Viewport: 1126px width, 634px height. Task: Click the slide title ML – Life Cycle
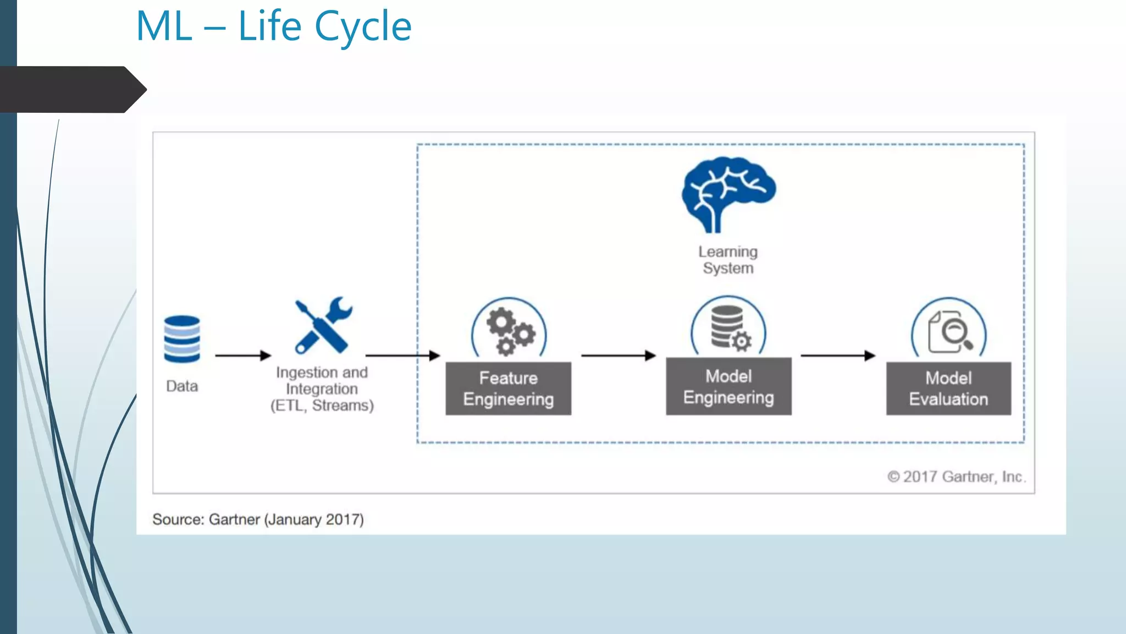click(x=273, y=26)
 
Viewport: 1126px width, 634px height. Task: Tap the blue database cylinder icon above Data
click(x=182, y=339)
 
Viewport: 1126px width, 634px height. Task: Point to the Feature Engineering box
click(x=508, y=389)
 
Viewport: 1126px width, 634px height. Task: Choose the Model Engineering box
click(x=728, y=386)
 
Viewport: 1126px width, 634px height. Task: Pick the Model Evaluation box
click(x=948, y=389)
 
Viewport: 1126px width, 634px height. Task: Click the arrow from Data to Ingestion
click(x=243, y=356)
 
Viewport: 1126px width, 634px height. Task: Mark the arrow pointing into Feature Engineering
click(x=402, y=356)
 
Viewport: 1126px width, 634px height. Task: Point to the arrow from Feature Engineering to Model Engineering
click(x=619, y=356)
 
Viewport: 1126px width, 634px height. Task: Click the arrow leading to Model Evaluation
click(x=838, y=356)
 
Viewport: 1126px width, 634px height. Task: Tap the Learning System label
click(x=728, y=260)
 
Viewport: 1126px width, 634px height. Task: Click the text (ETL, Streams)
click(x=322, y=406)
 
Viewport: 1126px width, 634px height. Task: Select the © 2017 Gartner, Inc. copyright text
click(x=956, y=477)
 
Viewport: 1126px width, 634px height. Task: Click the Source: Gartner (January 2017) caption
click(x=258, y=520)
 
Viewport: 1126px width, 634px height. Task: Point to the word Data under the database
click(x=182, y=386)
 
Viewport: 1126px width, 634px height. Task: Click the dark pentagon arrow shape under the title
click(x=71, y=90)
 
